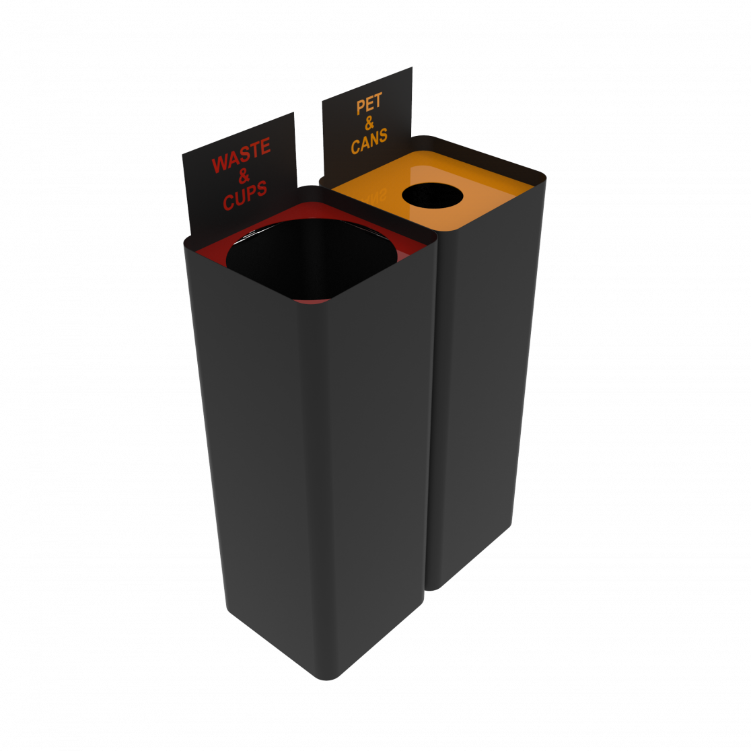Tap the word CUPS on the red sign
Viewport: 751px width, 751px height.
coord(244,194)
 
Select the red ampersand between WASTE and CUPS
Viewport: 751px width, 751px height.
coord(243,176)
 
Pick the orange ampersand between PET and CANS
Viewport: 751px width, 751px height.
coord(369,123)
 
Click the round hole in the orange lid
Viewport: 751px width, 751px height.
coord(432,195)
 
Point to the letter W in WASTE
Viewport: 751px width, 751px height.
coord(219,164)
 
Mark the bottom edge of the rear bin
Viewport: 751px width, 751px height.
coord(471,559)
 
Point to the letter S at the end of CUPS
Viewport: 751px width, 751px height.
coord(262,188)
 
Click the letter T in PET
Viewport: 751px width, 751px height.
coord(378,102)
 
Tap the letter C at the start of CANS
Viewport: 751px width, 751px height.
coord(355,146)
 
